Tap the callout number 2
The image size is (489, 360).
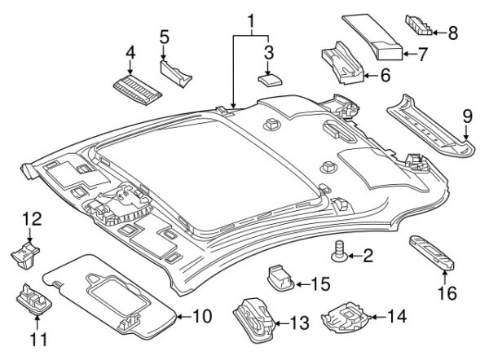click(x=368, y=258)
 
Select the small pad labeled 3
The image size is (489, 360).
click(x=271, y=79)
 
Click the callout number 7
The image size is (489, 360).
click(x=424, y=57)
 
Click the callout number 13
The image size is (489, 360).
click(x=299, y=325)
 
